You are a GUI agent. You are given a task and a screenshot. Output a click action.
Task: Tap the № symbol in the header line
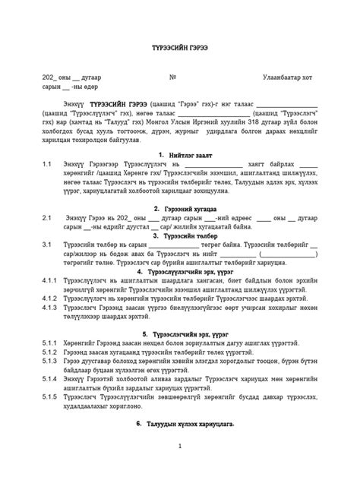[172, 77]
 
